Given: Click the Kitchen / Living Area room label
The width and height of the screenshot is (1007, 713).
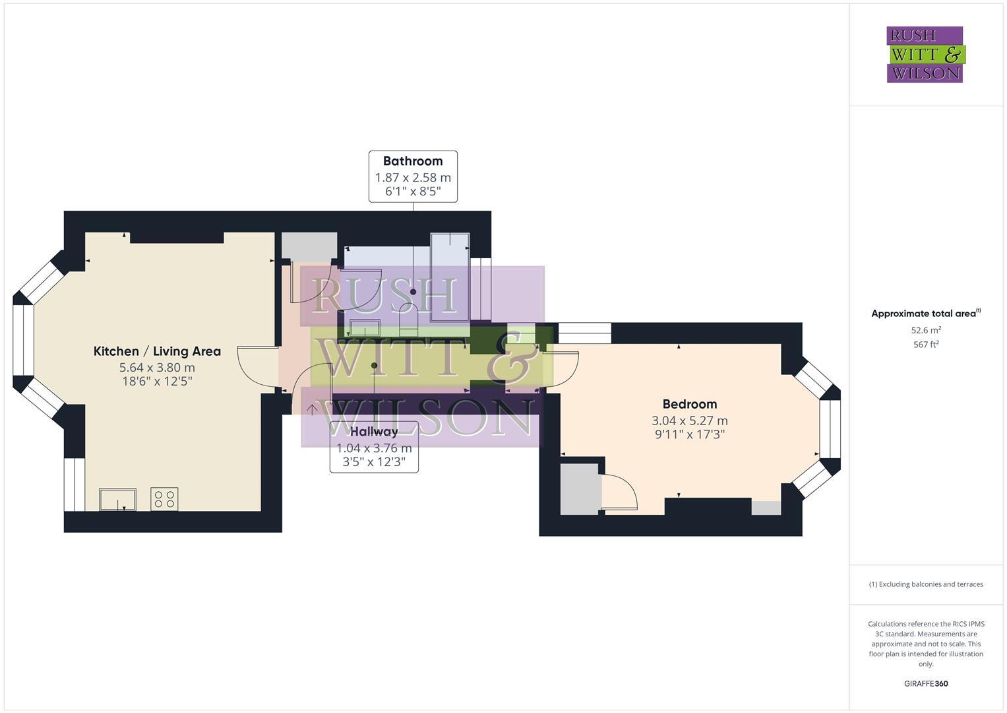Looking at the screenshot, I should point(157,351).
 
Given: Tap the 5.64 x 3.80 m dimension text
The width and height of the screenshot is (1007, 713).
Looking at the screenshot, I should point(157,368).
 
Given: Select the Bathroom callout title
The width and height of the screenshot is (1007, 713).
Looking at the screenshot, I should point(413,161).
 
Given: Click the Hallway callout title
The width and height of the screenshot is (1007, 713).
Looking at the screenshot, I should point(374,432).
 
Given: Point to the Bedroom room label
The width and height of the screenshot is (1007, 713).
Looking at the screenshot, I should point(689,404).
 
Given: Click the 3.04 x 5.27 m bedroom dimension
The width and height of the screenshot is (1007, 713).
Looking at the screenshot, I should point(689,421).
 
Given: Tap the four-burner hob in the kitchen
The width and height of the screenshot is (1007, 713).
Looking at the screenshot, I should point(164,499).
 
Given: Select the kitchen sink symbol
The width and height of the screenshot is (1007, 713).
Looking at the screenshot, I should point(117,499).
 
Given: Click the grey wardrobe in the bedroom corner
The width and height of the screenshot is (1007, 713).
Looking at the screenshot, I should point(578,489).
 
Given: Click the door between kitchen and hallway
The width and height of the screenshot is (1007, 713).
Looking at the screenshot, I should point(257,366).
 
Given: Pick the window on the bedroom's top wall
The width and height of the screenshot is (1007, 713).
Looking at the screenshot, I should point(584,333).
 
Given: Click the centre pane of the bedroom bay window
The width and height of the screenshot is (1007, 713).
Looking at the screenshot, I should point(830,429).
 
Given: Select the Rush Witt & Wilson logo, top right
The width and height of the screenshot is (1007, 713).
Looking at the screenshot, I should point(925,55).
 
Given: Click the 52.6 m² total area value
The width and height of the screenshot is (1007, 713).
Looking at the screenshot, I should point(925,330).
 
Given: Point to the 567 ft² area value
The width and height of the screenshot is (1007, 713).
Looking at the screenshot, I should point(925,344).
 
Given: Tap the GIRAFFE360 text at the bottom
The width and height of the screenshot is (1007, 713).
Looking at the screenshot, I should point(925,683).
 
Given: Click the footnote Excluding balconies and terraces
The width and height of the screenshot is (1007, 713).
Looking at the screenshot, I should point(925,584).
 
